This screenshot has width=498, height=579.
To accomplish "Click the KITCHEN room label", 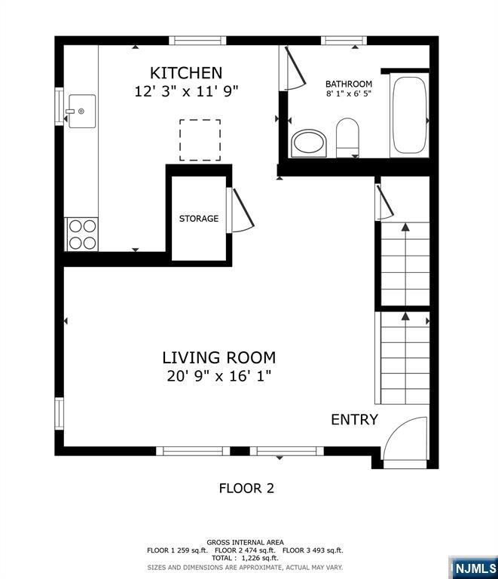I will tap(186, 73).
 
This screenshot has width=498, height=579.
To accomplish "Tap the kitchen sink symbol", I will tap(82, 112).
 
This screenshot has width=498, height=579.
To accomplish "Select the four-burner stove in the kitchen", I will tap(82, 234).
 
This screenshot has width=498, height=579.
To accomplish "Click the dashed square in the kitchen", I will tap(200, 139).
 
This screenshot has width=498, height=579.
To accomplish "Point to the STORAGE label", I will tap(199, 219).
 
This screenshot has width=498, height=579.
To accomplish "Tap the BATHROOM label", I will tap(349, 84).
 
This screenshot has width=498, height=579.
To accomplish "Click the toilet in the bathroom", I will tap(347, 138).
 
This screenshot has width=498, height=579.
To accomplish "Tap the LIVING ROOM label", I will tap(219, 357).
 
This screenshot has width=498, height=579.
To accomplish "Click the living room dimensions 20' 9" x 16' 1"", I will tap(219, 375).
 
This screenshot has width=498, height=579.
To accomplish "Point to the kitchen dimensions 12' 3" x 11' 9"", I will tap(186, 91).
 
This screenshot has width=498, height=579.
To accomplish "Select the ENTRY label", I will tap(354, 420).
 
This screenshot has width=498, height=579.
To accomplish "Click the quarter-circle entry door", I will tap(405, 440).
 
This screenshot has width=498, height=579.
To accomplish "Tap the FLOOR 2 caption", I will tap(246, 488).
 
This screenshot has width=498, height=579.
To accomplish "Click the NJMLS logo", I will tap(474, 567).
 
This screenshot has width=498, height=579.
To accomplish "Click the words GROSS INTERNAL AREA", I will tap(246, 542).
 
